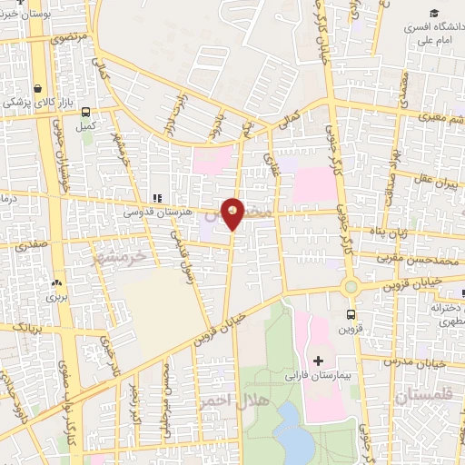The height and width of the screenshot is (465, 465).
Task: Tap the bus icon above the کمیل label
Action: pos(86,113)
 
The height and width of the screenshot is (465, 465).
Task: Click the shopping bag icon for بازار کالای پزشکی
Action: pos(36,89)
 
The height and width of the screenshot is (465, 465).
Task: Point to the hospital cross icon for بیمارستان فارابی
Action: pos(317,361)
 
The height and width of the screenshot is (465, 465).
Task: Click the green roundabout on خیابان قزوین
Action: pos(349,287)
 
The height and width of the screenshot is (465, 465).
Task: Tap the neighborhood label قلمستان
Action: pos(423,398)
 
